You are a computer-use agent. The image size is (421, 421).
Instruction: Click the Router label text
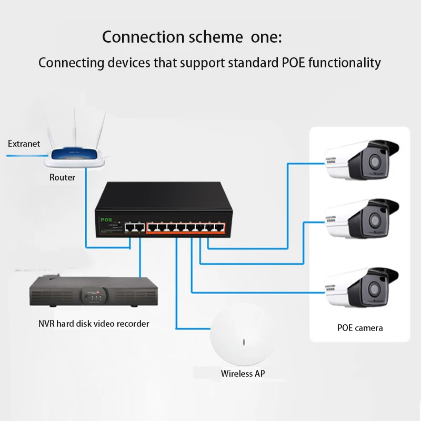tap(62, 177)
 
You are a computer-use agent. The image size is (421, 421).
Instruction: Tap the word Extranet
tap(24, 144)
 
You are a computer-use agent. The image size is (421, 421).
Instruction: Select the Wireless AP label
tap(243, 374)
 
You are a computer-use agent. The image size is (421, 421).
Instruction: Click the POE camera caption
tap(360, 328)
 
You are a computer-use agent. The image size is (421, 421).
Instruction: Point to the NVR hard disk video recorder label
tap(94, 324)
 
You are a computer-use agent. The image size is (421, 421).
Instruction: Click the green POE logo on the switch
tap(107, 220)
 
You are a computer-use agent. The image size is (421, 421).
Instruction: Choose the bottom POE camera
tap(361, 287)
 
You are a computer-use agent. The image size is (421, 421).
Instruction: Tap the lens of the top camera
tap(375, 161)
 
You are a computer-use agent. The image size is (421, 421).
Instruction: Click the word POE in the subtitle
tap(292, 63)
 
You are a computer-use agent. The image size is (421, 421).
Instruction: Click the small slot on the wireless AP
tap(243, 343)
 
